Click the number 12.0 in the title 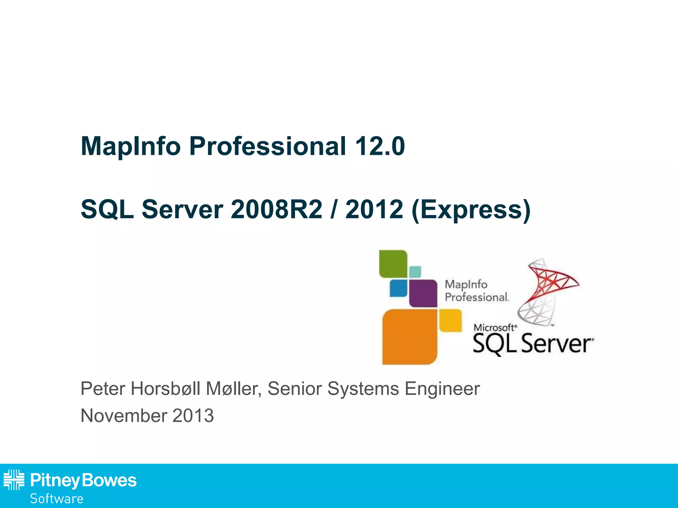coord(380,146)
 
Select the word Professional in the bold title coord(267,146)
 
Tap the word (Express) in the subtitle coord(471,210)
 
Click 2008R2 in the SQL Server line coord(276,210)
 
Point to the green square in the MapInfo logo coord(393,264)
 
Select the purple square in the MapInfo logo coord(423,293)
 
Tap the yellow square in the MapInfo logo coord(450,320)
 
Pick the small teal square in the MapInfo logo coord(415,272)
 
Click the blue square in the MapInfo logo coord(398,288)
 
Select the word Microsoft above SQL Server coord(494,327)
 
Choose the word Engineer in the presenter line coord(442,389)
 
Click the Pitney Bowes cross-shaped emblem coord(14,480)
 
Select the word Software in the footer coord(57,499)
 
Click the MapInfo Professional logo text coord(476,291)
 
